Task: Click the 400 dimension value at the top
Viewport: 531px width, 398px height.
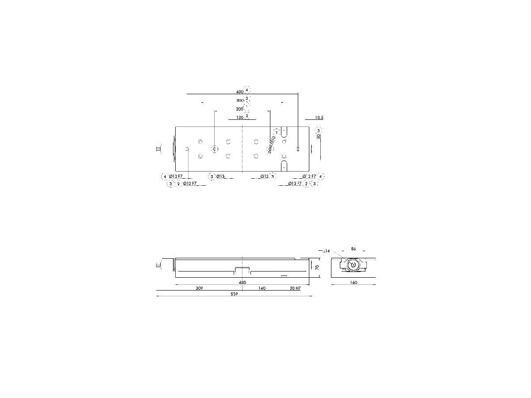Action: coord(239,92)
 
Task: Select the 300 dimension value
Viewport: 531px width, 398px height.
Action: coord(240,100)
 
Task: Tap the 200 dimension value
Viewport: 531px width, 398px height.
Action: coord(239,109)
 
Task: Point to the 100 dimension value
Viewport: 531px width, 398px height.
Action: coord(240,118)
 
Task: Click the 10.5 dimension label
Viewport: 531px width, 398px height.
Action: coord(319,118)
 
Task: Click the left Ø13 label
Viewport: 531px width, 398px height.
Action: coord(221,176)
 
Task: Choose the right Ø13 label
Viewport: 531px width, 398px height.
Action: coord(264,176)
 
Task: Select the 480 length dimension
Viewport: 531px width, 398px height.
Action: coord(242,282)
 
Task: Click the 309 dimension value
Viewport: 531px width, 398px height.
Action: coord(199,288)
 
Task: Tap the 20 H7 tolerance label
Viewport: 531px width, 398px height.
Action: coord(295,288)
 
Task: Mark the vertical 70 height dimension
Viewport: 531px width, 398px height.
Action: coord(317,267)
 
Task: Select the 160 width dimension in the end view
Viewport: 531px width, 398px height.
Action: coord(353,282)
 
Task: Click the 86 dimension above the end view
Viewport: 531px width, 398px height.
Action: coord(353,249)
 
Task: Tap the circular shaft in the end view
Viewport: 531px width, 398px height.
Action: coord(353,265)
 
